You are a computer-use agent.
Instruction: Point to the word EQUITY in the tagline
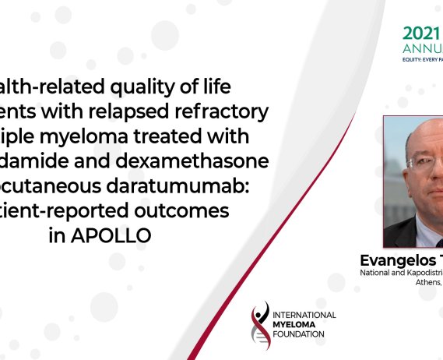(x=412, y=66)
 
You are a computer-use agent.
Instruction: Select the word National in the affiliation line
(x=377, y=274)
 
